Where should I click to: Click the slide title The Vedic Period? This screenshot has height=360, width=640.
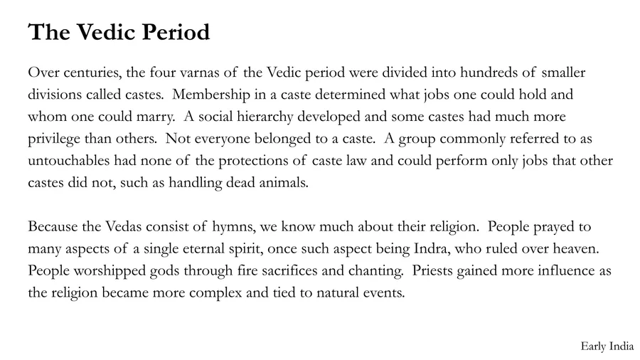(119, 33)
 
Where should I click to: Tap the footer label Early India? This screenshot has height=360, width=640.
(607, 346)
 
